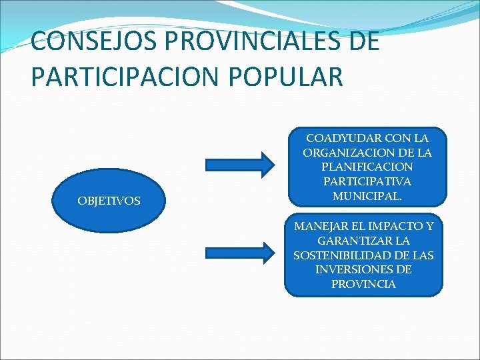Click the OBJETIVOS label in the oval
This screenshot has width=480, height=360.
coord(109,201)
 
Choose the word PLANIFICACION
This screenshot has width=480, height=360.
coord(367,167)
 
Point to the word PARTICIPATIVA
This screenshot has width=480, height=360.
coord(367,181)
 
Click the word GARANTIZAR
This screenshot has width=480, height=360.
coord(348,241)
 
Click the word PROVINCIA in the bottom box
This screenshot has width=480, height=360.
coord(363,284)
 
